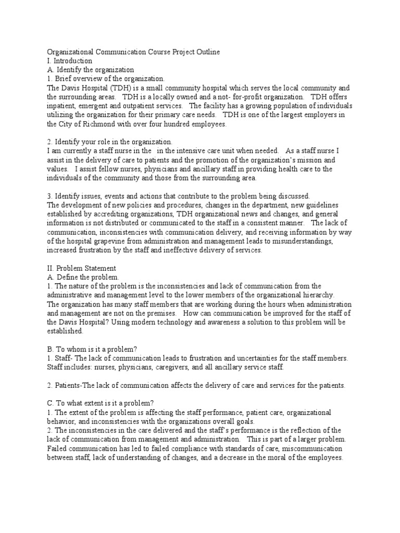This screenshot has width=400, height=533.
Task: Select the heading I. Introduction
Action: tap(70, 61)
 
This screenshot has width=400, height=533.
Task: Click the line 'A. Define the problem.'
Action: tap(83, 277)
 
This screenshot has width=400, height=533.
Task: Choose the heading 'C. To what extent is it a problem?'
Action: tap(100, 403)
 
